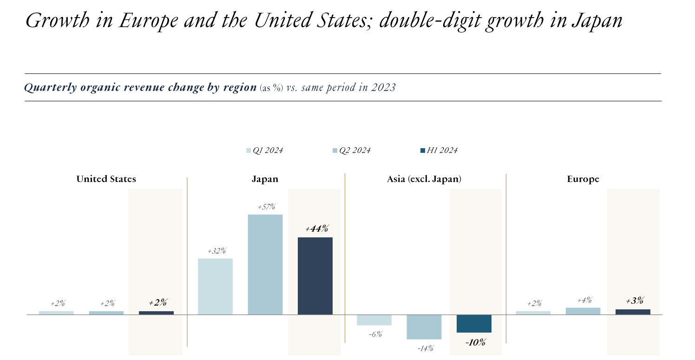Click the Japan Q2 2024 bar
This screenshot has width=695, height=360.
point(265,264)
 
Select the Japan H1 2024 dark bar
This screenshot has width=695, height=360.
point(315,276)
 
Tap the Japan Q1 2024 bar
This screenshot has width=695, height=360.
point(215,286)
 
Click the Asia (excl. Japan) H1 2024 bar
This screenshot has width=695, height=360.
point(474,324)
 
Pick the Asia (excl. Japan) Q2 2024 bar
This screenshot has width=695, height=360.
point(424,327)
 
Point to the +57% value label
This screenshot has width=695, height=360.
point(266,207)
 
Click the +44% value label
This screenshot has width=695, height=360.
point(317,229)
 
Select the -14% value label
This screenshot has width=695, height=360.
point(425,348)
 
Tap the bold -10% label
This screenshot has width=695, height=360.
point(475,343)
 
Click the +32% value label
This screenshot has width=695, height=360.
point(216,251)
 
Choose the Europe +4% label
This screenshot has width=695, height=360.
point(584,300)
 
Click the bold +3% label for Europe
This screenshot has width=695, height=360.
point(634,301)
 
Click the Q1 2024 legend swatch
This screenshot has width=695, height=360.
point(249,151)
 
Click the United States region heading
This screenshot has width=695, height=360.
point(106,179)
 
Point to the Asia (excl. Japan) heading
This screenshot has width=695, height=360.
point(424,179)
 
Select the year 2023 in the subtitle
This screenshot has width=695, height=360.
point(384,87)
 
